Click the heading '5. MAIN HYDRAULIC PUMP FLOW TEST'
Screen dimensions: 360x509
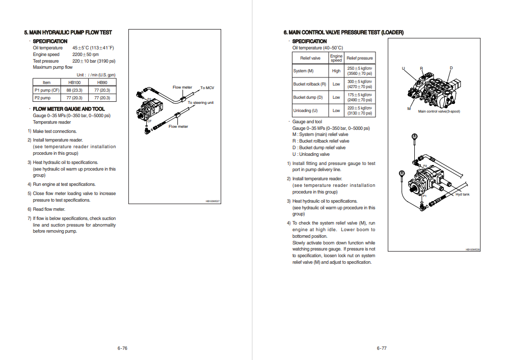pyautogui.click(x=68, y=33)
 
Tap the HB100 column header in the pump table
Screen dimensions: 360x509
pyautogui.click(x=74, y=82)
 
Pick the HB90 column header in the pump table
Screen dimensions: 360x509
pyautogui.click(x=102, y=82)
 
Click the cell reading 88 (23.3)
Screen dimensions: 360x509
pyautogui.click(x=74, y=90)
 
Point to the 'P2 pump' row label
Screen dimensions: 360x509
pyautogui.click(x=42, y=98)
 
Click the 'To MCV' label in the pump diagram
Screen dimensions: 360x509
pyautogui.click(x=207, y=88)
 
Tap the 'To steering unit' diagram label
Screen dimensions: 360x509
pyautogui.click(x=201, y=103)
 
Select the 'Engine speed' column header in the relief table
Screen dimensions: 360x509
pyautogui.click(x=336, y=58)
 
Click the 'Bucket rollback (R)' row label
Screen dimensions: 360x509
pyautogui.click(x=309, y=84)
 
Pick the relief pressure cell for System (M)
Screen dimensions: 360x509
pyautogui.click(x=360, y=71)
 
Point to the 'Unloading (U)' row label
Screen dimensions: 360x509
pyautogui.click(x=305, y=110)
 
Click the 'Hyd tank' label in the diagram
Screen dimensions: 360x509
pyautogui.click(x=462, y=194)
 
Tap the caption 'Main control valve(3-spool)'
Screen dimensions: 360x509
pyautogui.click(x=439, y=112)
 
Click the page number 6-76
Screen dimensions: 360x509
pyautogui.click(x=122, y=348)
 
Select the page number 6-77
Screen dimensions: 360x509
pyautogui.click(x=382, y=348)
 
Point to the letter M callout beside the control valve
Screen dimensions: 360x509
pyautogui.click(x=409, y=108)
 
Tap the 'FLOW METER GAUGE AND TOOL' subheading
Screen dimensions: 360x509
pyautogui.click(x=69, y=109)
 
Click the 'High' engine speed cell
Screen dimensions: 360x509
pyautogui.click(x=336, y=71)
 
